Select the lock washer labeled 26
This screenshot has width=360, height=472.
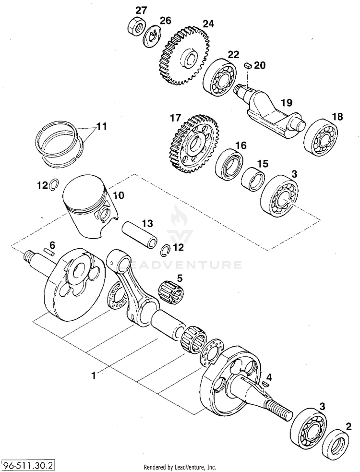pyautogui.click(x=152, y=36)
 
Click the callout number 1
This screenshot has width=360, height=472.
pyautogui.click(x=94, y=376)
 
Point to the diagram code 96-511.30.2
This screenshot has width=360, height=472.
pyautogui.click(x=28, y=465)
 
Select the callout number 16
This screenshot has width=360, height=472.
pyautogui.click(x=240, y=145)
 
